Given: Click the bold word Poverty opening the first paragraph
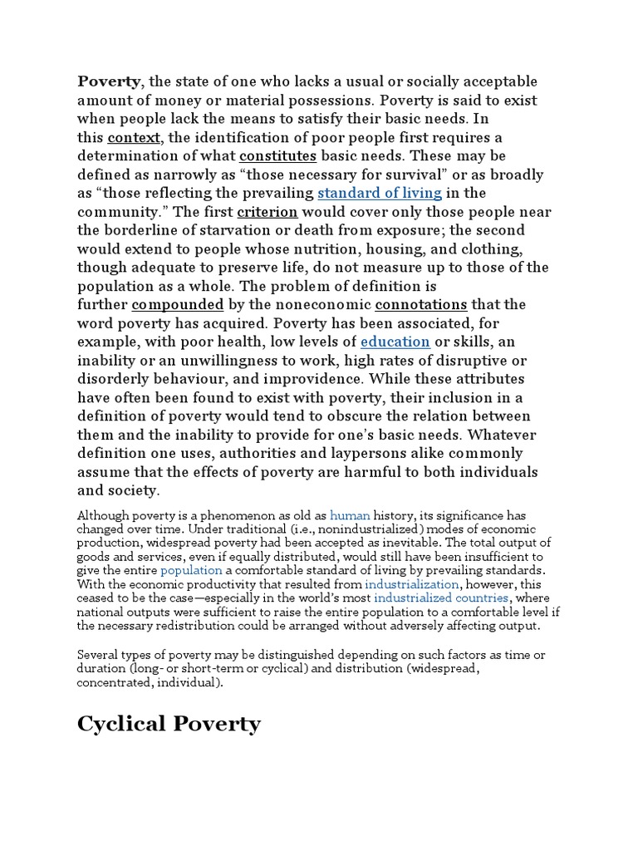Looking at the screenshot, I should point(109,81).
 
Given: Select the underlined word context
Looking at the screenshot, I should point(133,137).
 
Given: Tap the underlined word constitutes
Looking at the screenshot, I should point(277,156).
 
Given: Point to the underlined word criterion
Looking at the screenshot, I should point(267,212).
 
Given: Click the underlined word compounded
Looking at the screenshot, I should point(178,305).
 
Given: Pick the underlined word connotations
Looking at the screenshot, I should point(421,305).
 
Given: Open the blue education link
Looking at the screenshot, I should point(395,342).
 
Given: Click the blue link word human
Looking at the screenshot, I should point(347,515).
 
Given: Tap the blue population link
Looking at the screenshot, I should point(191,570).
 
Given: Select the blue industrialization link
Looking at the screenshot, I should point(412,584).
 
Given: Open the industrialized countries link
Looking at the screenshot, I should point(440,598).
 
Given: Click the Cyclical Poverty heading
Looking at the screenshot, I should point(169,724).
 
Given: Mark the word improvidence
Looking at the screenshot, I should point(314,379).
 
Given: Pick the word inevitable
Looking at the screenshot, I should point(400,543).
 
